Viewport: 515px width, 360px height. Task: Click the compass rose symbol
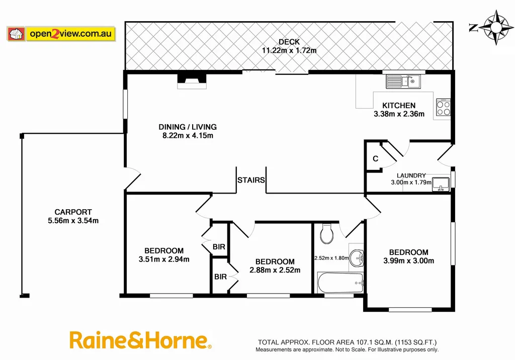(x=495, y=27)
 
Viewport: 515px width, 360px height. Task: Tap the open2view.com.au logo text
(x=70, y=34)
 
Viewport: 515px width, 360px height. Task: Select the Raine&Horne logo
(x=140, y=340)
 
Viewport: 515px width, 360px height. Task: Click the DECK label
(x=289, y=42)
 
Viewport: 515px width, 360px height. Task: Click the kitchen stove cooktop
(x=443, y=108)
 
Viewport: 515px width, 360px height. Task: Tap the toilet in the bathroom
(x=327, y=233)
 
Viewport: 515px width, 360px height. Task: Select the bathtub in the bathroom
(x=340, y=282)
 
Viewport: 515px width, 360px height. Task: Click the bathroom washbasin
(x=357, y=257)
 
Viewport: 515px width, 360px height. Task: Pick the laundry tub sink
(x=440, y=184)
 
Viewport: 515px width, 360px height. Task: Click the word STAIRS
(x=251, y=180)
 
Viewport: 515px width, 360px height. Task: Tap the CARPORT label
(x=73, y=212)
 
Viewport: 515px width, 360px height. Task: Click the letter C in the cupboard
(x=375, y=159)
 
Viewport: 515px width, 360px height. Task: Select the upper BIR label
(x=219, y=247)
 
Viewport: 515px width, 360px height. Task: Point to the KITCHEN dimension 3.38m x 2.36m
(x=399, y=114)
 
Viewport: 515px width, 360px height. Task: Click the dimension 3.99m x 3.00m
(x=408, y=260)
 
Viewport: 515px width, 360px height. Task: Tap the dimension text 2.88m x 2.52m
(x=275, y=270)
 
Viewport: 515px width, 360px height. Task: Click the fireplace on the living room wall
(x=192, y=81)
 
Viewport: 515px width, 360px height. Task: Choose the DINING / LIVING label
(x=188, y=127)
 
